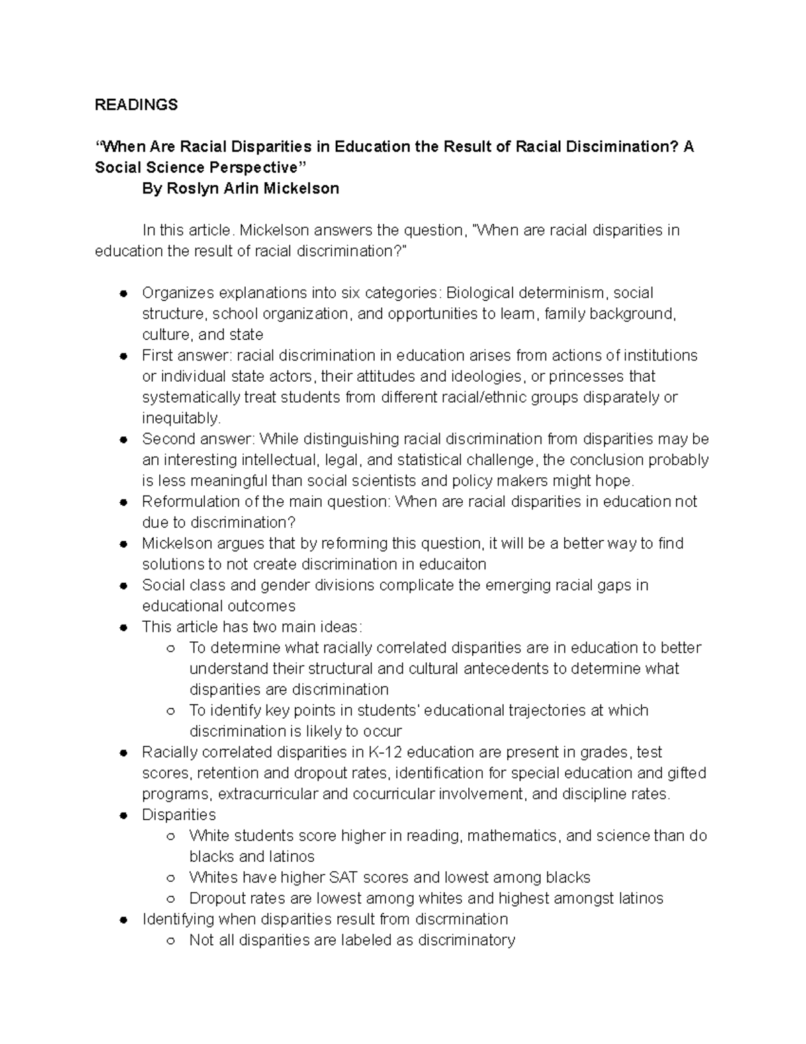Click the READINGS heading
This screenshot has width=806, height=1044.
pyautogui.click(x=136, y=104)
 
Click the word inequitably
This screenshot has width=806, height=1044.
pyautogui.click(x=181, y=418)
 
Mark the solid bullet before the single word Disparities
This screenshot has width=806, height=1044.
pyautogui.click(x=123, y=815)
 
